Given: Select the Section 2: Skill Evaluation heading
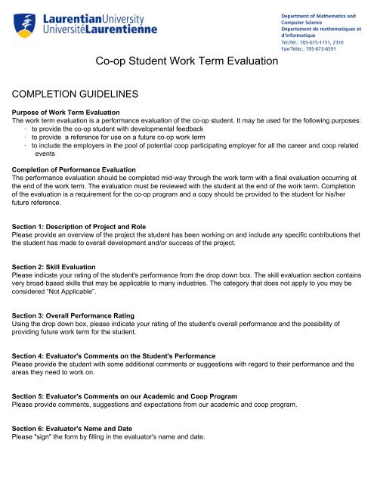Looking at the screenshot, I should (66, 280).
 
